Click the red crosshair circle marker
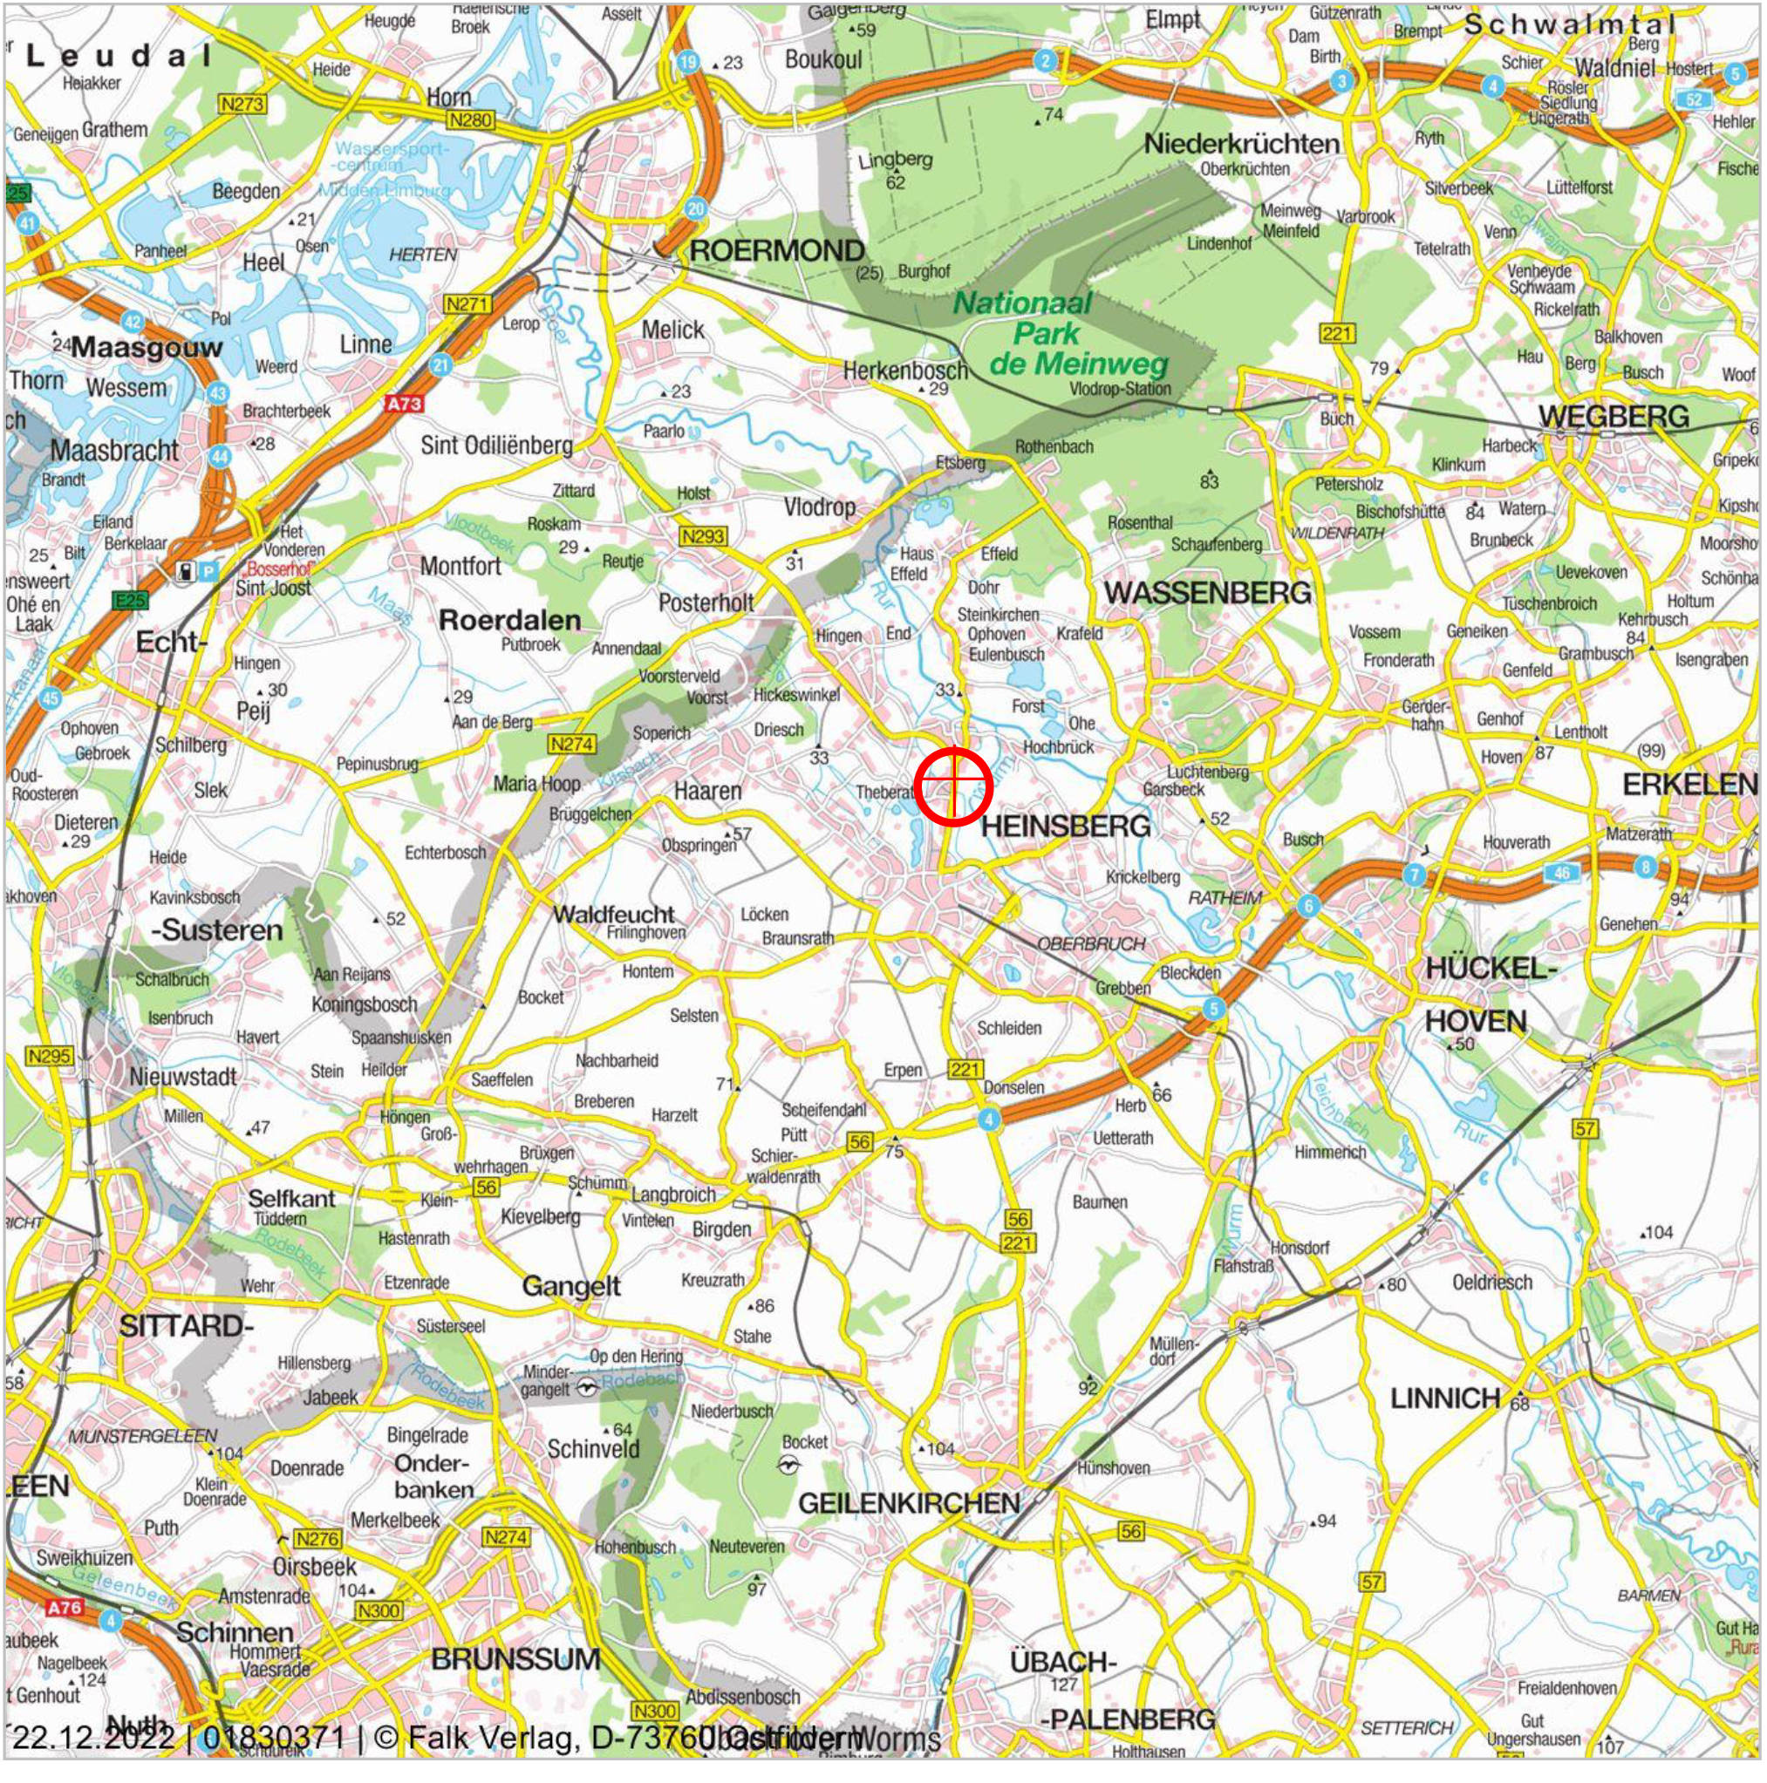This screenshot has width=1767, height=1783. (x=952, y=786)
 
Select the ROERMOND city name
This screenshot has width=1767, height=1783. (x=776, y=251)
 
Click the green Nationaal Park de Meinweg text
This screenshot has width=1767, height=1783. (x=1061, y=333)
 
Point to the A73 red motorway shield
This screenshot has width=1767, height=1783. (x=404, y=404)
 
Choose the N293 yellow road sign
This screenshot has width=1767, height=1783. (x=703, y=536)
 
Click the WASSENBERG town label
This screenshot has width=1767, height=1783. (x=1208, y=594)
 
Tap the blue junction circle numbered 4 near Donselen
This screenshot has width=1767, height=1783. (x=989, y=1120)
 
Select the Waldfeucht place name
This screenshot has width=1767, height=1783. (x=614, y=915)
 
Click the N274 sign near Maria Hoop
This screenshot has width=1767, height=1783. (x=571, y=744)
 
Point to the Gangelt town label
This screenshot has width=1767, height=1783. (x=570, y=1287)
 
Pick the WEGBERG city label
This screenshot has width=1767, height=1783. (x=1613, y=417)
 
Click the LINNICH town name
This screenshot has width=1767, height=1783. (x=1445, y=1399)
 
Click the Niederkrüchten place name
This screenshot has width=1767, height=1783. (x=1241, y=144)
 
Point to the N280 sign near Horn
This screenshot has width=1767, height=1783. (x=470, y=120)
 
